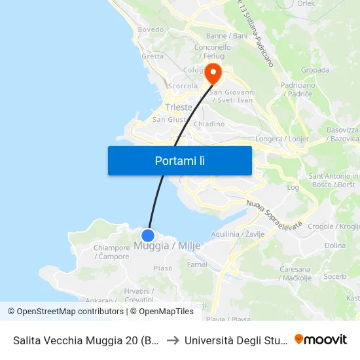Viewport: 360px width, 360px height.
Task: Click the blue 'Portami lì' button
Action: coord(179,160)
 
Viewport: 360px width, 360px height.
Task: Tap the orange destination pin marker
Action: coord(213,73)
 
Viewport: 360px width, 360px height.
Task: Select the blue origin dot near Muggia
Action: coord(148,235)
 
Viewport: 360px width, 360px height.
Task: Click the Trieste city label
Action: coord(179,107)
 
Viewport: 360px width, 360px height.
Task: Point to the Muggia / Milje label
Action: coord(167,246)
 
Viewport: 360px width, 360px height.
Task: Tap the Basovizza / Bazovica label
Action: coord(342,134)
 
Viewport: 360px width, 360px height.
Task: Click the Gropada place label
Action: coord(314,70)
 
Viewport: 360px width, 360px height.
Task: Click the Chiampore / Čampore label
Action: coord(112,252)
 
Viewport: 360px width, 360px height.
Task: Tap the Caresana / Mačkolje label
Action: coord(295,274)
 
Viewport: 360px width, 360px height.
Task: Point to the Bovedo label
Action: coord(151,30)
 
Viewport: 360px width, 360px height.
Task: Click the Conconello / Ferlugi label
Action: coord(213,52)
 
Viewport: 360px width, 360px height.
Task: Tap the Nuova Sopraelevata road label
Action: coord(274,215)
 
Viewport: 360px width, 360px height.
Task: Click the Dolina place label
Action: coord(334,246)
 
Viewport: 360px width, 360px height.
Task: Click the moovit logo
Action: coord(321,340)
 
